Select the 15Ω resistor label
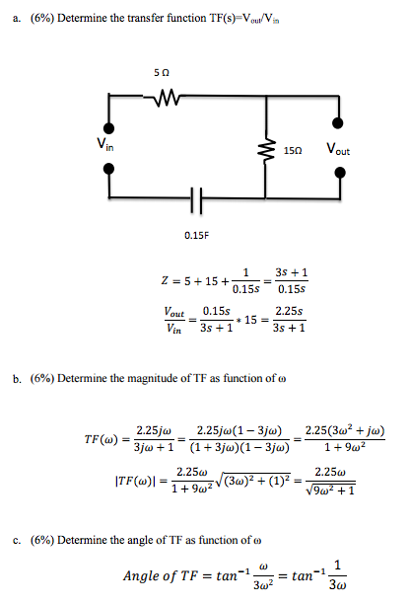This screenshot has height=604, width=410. (x=291, y=154)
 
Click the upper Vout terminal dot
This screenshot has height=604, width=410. (x=340, y=123)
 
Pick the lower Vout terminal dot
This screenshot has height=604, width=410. (x=340, y=172)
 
